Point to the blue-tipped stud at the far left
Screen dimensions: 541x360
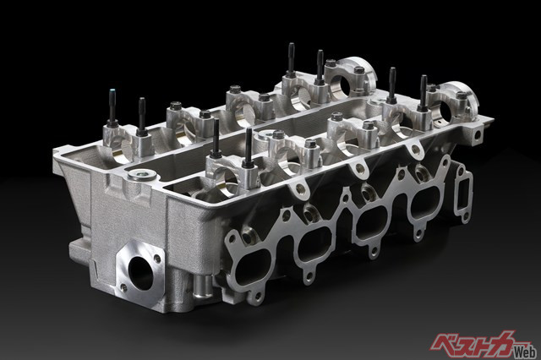pyautogui.click(x=112, y=106)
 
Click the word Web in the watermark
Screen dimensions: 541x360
pyautogui.click(x=525, y=351)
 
